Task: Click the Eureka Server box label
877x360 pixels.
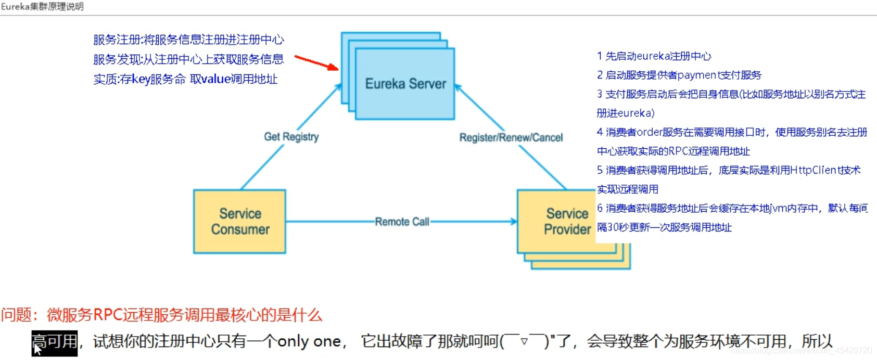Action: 405,84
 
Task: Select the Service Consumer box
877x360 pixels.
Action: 239,222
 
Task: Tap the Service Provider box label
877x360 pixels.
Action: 567,222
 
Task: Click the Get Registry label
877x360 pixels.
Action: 291,137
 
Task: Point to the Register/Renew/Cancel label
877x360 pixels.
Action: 511,138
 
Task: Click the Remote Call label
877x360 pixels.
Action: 402,222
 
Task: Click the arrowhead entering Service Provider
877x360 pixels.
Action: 514,222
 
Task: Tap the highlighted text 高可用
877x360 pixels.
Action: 55,342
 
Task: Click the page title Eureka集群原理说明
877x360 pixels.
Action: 42,7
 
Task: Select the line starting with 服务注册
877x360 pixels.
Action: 188,40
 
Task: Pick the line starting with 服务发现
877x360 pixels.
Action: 188,59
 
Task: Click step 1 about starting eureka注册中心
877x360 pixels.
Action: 654,56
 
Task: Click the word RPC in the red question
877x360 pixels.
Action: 108,315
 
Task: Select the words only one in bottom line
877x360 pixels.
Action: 309,342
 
